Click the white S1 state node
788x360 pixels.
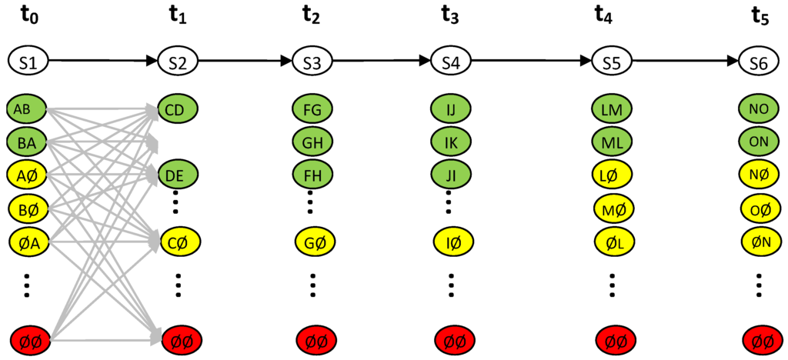tap(28, 62)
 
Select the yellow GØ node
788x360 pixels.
tap(312, 243)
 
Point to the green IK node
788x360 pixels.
tap(451, 142)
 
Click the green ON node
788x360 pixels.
tap(758, 142)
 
